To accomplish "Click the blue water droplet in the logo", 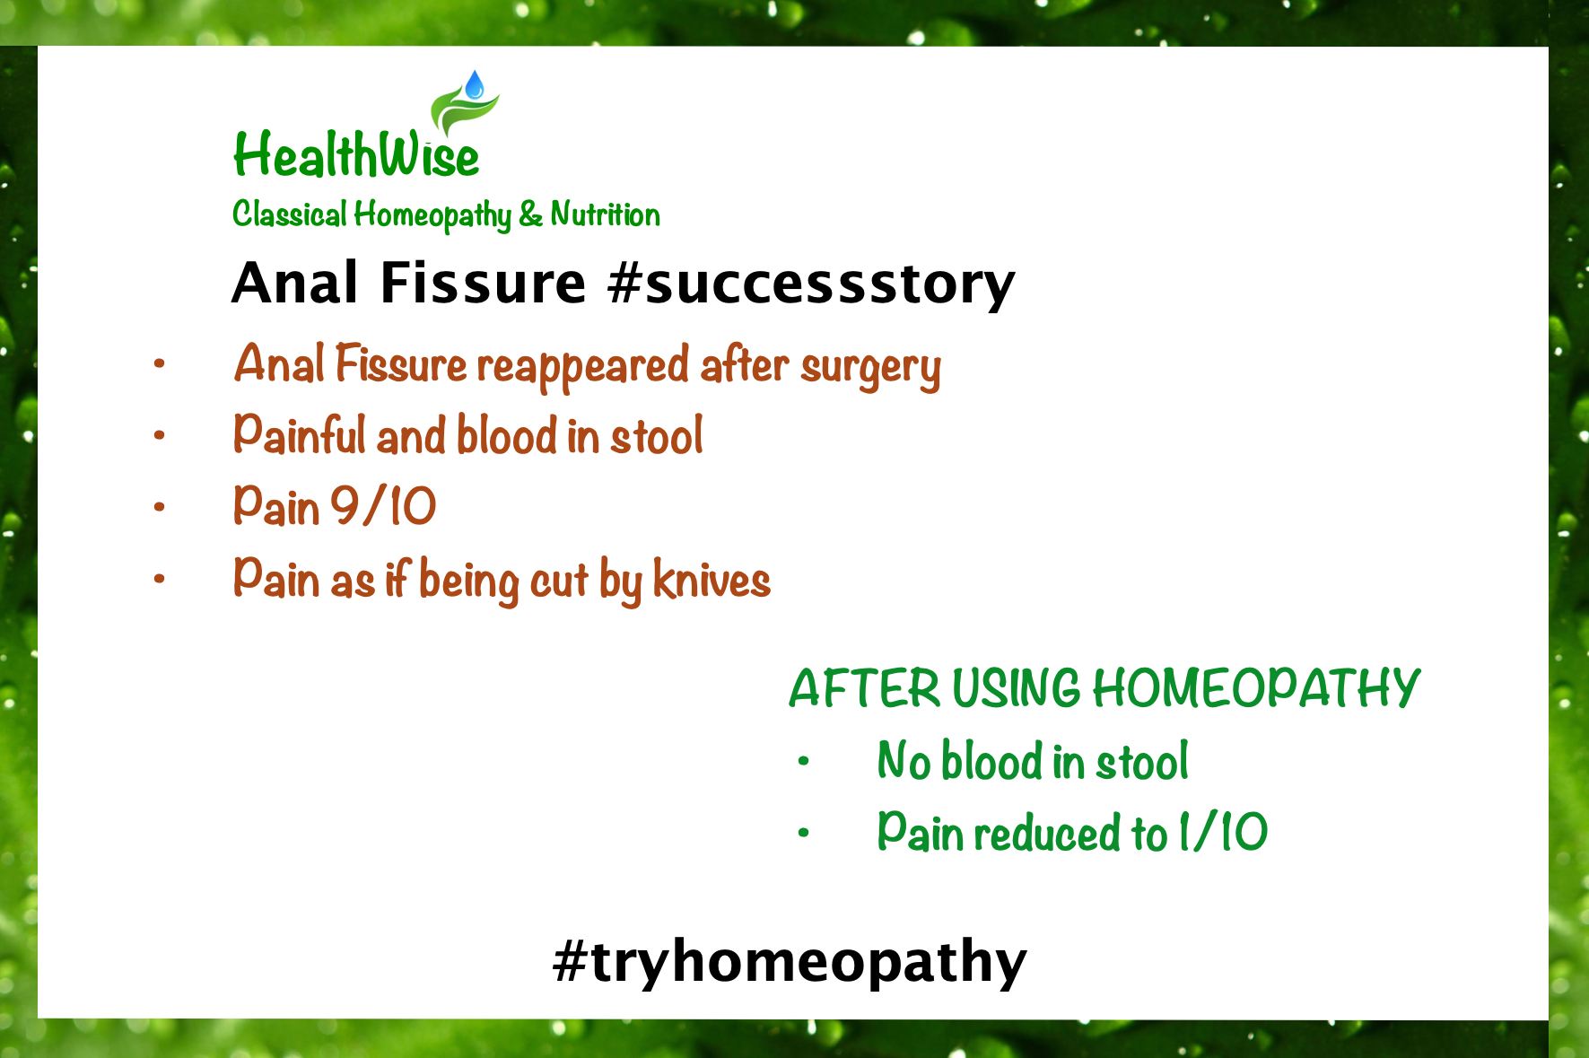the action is tap(475, 85).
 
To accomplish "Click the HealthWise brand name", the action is tap(356, 154).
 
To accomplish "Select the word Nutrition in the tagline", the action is tap(605, 214).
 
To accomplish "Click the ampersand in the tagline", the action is tap(530, 214).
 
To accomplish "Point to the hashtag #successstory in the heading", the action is tap(811, 284).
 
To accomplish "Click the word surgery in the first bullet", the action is tap(870, 368).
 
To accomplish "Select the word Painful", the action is tap(298, 435).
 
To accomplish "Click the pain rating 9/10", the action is tap(383, 506).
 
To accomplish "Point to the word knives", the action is tap(712, 579).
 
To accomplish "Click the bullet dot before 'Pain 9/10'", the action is tap(160, 507).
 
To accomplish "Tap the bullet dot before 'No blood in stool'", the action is tap(803, 762).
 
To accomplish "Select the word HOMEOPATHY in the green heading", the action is tap(1256, 689).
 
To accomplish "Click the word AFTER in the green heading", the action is tap(865, 689).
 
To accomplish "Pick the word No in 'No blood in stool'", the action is tap(904, 761).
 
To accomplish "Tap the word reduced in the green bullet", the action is tap(1048, 833).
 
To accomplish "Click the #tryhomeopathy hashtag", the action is tap(790, 962).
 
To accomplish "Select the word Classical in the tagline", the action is tap(289, 214).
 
